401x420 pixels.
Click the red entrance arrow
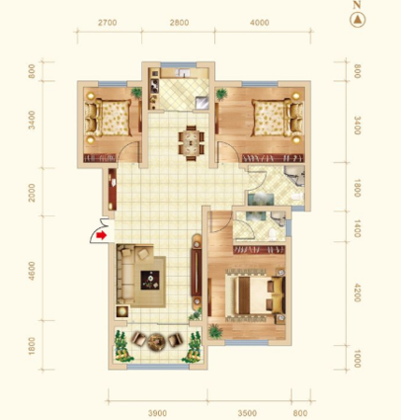tap(101, 235)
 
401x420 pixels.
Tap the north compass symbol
tap(358, 20)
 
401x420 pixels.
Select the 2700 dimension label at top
tap(108, 23)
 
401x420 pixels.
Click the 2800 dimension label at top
tap(180, 23)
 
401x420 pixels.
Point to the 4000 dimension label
tap(260, 23)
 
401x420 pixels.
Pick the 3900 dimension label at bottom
tap(157, 413)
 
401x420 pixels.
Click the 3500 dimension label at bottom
tap(247, 413)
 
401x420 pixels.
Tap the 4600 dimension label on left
tap(32, 271)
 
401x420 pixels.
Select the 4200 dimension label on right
tap(358, 293)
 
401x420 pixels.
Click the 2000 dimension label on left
tap(32, 193)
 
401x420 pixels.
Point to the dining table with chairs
tap(192, 143)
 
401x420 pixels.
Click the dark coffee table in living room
tap(150, 281)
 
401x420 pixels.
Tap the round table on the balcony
tap(156, 342)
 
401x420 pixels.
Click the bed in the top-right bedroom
tap(278, 118)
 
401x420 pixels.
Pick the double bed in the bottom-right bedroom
tap(255, 295)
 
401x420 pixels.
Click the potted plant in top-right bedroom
tap(221, 94)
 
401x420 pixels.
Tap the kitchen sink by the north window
tap(182, 72)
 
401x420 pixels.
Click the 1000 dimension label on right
tap(358, 359)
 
